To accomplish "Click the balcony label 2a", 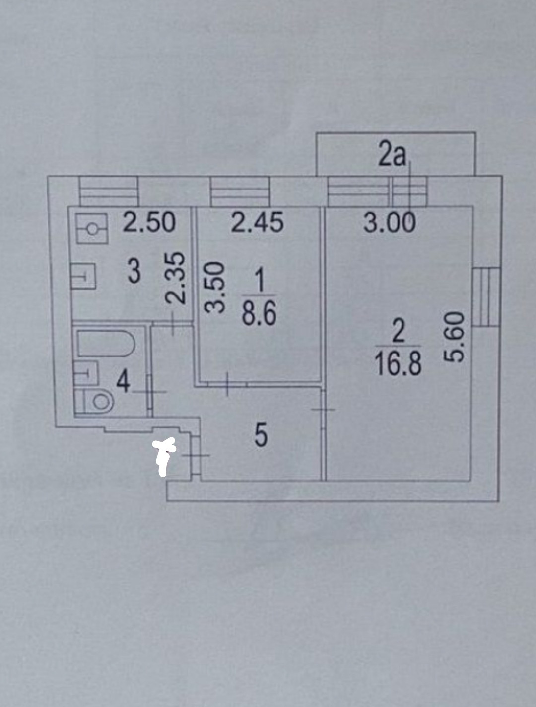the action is click(x=392, y=155).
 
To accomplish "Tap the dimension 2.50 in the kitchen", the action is click(x=149, y=223).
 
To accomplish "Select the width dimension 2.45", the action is click(x=258, y=223).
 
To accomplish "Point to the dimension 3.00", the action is click(x=390, y=223).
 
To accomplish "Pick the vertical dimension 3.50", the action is click(x=216, y=288).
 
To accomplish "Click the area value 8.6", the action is click(x=259, y=314).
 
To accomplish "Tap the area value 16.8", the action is click(x=399, y=364).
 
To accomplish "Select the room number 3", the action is click(x=134, y=272).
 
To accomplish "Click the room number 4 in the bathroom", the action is click(x=123, y=382).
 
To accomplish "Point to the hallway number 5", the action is click(x=261, y=436).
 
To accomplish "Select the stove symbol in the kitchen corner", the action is click(x=92, y=228).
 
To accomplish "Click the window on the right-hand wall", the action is click(x=486, y=296).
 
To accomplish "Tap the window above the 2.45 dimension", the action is click(x=240, y=191).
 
